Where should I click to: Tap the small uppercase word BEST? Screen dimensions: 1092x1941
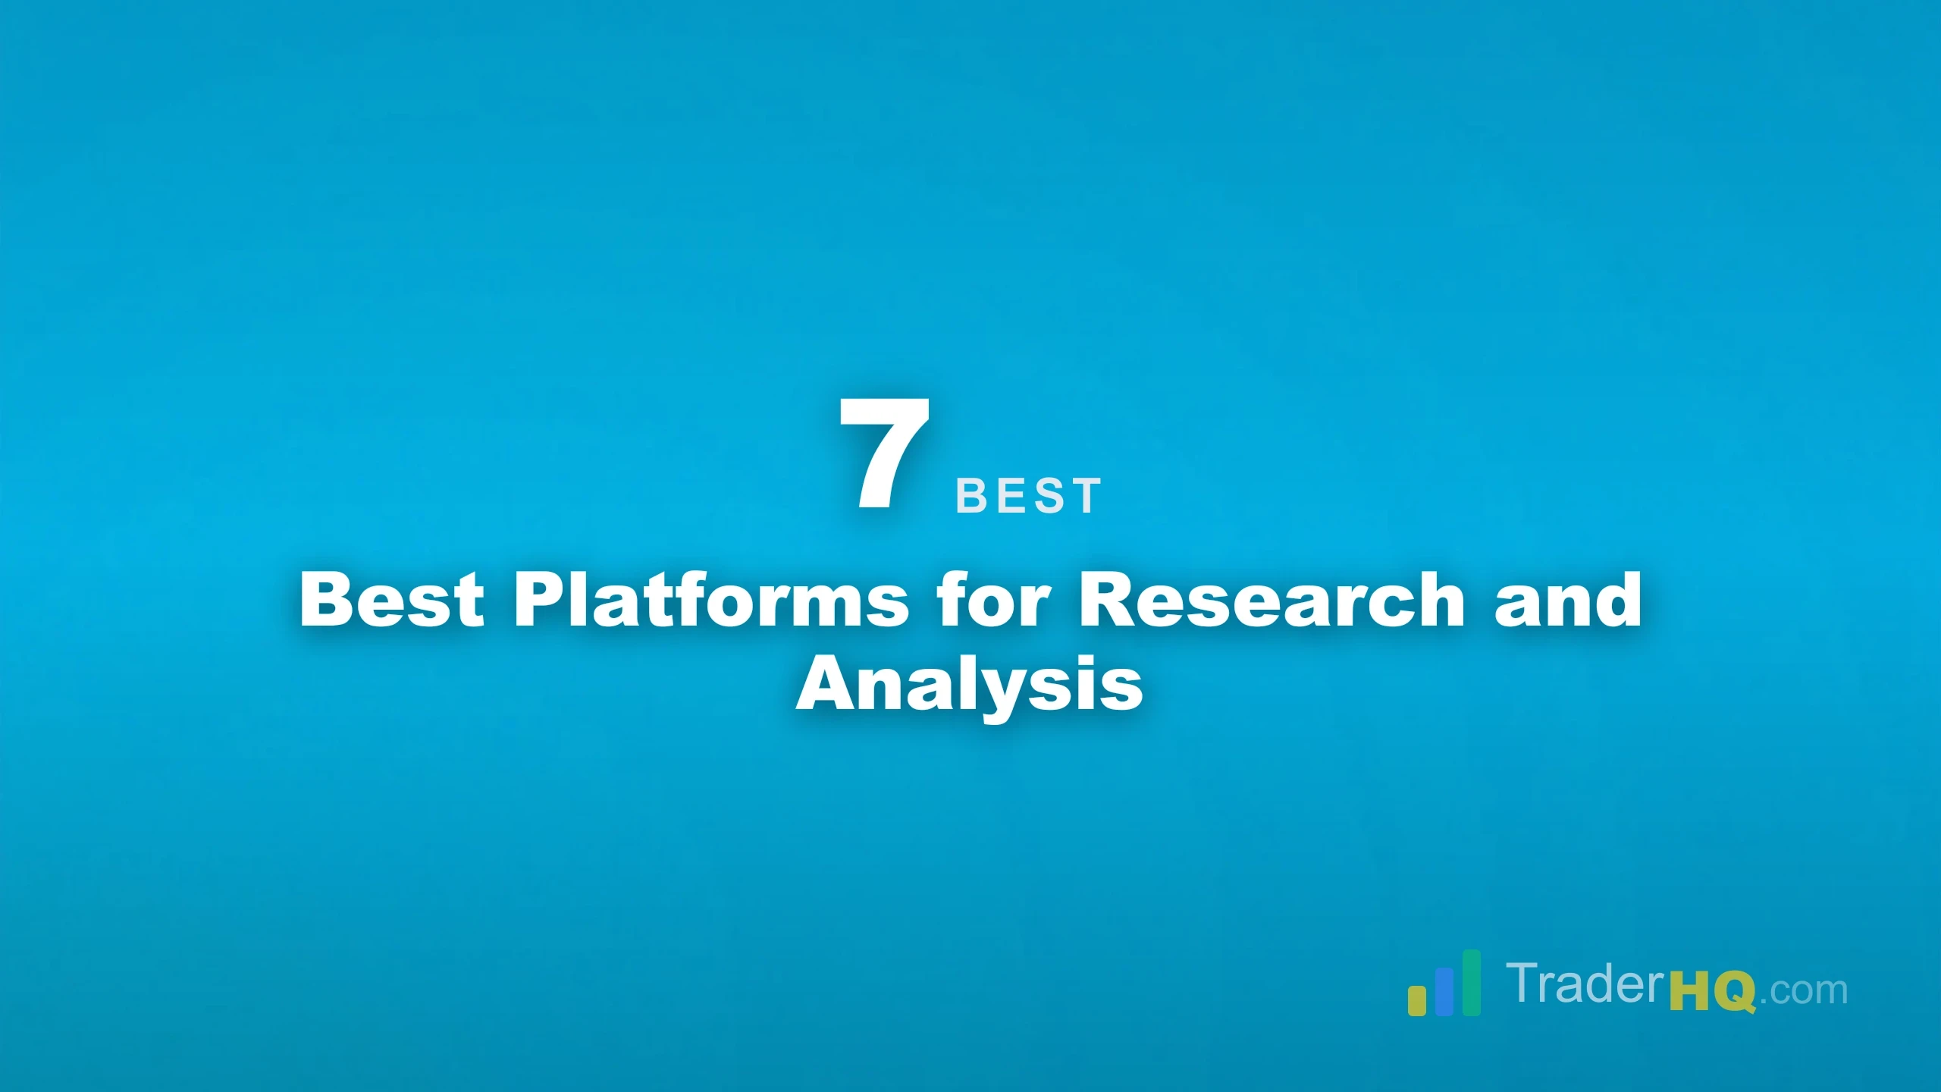1027,496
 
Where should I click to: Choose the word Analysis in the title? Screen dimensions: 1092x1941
969,685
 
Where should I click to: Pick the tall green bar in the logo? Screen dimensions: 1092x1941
1471,982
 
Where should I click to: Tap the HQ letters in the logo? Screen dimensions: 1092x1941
1713,990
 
